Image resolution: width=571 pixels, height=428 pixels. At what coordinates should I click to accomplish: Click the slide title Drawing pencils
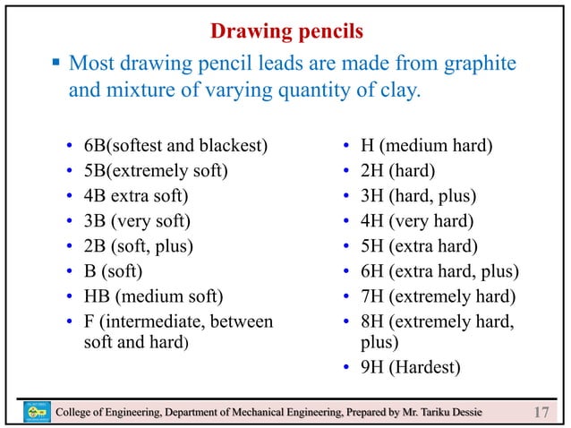(x=285, y=32)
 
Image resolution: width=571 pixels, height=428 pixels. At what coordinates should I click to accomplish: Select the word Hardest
(x=427, y=366)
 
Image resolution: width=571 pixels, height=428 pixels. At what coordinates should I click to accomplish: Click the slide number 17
(x=540, y=412)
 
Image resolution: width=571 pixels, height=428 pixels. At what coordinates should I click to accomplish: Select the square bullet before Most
(x=55, y=64)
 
